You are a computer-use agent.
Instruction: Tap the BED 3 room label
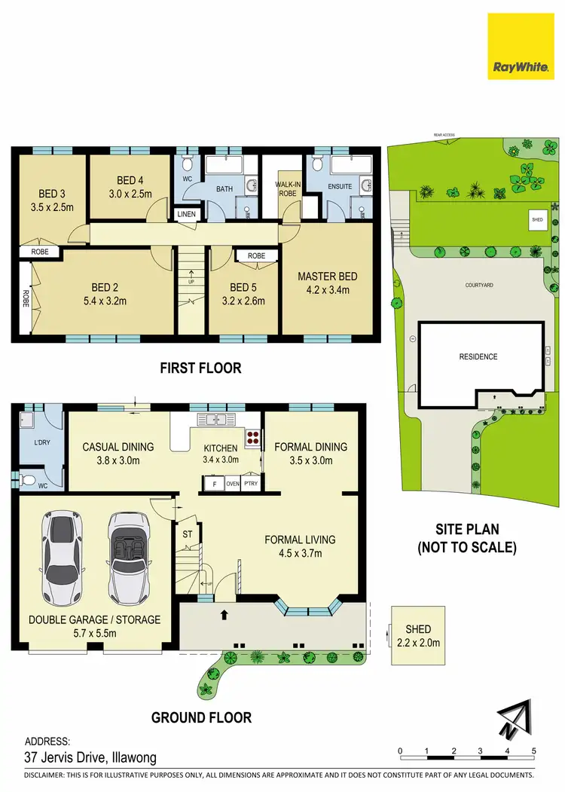tap(47, 192)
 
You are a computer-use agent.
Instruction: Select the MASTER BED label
tap(327, 277)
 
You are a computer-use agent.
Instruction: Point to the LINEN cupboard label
tap(186, 215)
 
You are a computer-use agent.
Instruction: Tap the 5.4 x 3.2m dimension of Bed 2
tap(116, 301)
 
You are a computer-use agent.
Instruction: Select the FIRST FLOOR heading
tap(200, 368)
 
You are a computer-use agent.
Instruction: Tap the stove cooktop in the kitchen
tap(252, 437)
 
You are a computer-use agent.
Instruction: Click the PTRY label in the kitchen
tap(250, 484)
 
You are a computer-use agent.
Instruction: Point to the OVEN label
tap(232, 484)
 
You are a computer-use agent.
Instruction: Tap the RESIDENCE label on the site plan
tap(478, 356)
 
